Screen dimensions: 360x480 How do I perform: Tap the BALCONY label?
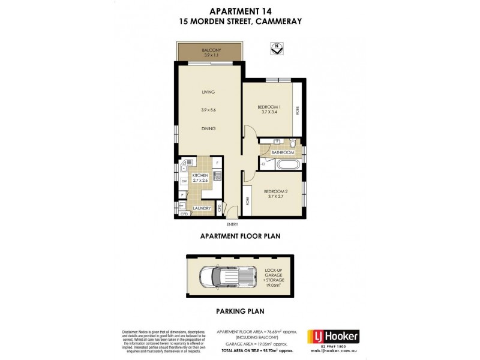[x=209, y=50]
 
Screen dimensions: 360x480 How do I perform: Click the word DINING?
[x=208, y=128]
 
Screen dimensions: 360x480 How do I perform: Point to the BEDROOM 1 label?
[x=268, y=106]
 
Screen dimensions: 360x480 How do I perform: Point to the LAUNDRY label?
[x=202, y=208]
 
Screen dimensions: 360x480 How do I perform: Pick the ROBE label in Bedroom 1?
[x=296, y=110]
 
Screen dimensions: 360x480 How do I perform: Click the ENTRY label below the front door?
[x=232, y=224]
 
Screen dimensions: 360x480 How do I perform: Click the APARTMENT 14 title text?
[x=239, y=10]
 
